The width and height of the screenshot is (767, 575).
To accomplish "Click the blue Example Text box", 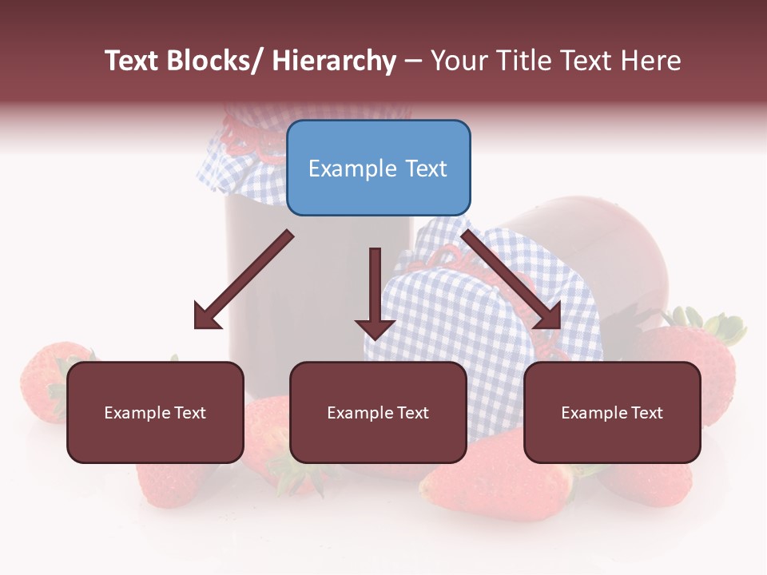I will (x=378, y=168).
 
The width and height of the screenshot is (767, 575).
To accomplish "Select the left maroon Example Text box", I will (x=155, y=412).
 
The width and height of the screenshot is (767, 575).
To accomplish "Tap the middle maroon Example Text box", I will (x=378, y=412).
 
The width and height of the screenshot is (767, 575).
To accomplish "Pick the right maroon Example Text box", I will (x=612, y=412).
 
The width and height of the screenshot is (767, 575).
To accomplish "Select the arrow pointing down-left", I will (x=243, y=280).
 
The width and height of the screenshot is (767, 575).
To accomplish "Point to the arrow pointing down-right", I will (x=511, y=280).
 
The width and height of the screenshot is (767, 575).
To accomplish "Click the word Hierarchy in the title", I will (x=334, y=61).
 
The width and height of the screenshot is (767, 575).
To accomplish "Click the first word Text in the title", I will (x=133, y=61).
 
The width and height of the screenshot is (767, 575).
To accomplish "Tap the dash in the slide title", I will (x=413, y=61).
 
